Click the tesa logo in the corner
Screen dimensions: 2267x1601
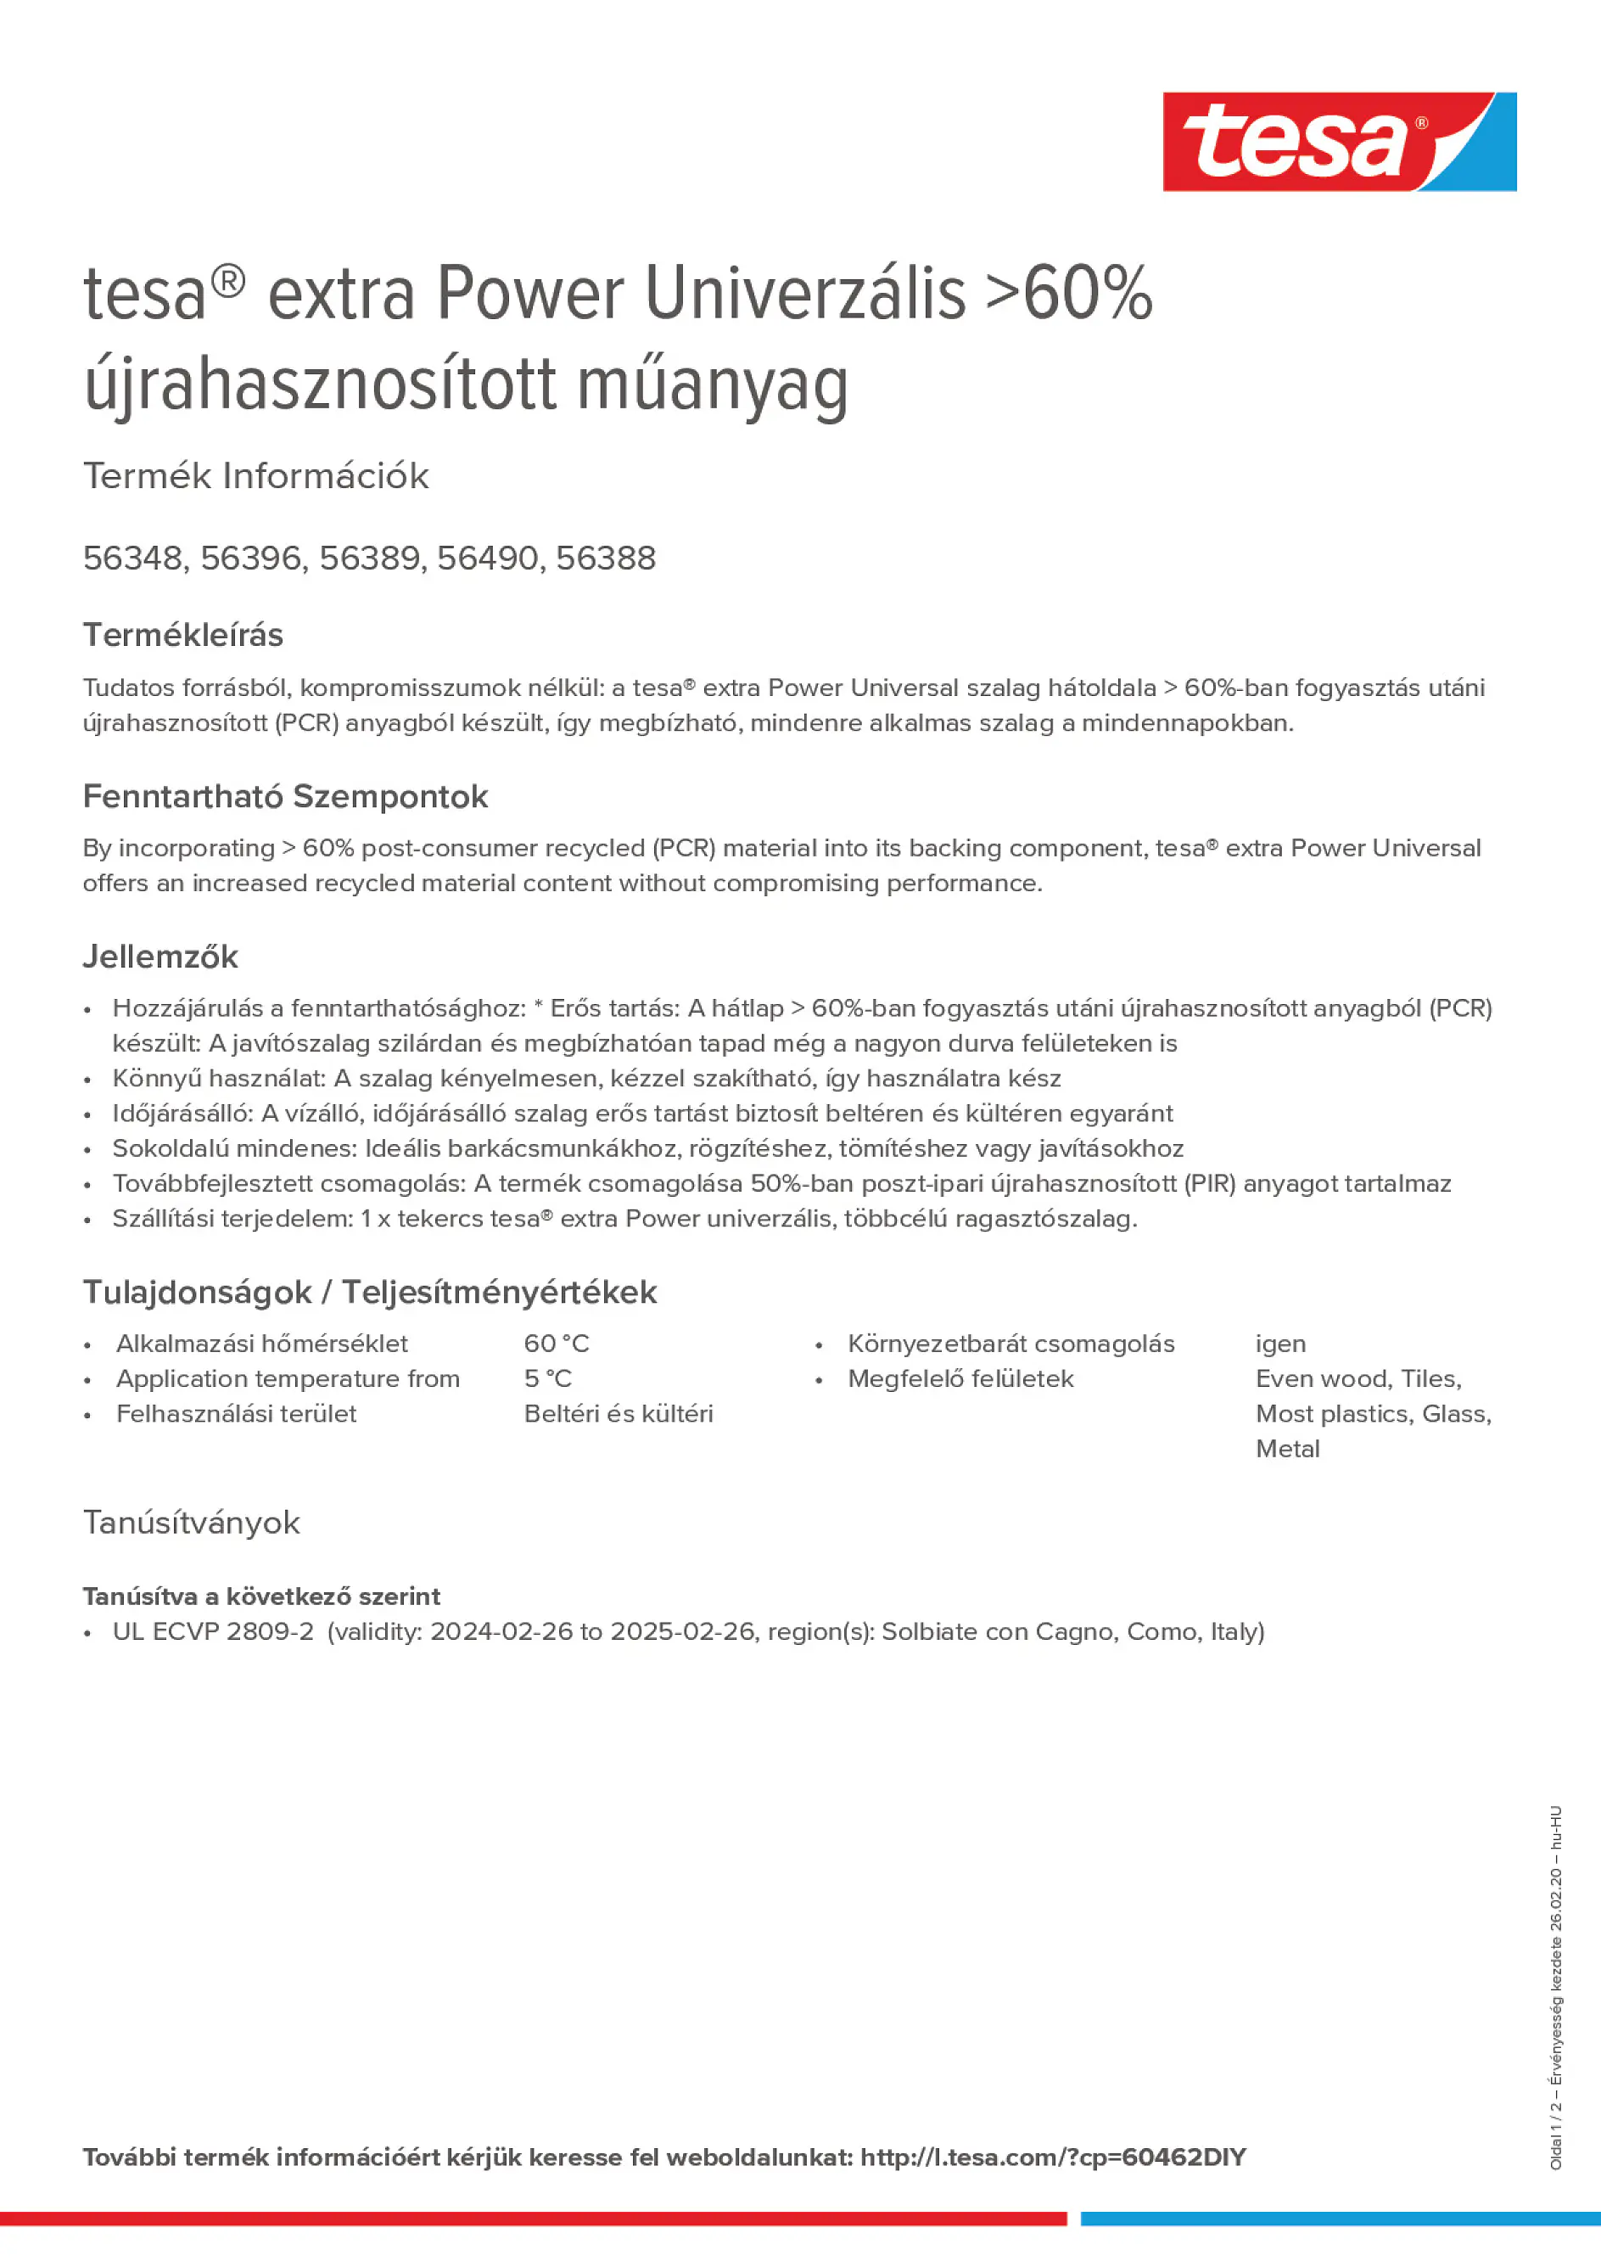coord(1339,141)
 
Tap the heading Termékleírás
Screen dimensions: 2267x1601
coord(182,635)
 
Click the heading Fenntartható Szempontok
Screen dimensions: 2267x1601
coord(285,796)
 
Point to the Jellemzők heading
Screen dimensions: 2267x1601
coord(160,956)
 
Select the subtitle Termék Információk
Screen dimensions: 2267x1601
coord(255,476)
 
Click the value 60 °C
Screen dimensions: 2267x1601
coord(556,1343)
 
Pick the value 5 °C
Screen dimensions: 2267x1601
coord(548,1378)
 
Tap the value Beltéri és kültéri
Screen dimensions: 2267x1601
coord(618,1413)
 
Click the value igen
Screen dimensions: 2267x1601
coord(1280,1343)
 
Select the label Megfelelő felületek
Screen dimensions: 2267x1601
coord(960,1378)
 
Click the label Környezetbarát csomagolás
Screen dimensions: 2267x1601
coord(1010,1343)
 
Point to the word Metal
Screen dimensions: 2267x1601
coord(1287,1449)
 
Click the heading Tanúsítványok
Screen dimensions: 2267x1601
coord(192,1523)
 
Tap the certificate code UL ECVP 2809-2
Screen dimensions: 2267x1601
coord(213,1631)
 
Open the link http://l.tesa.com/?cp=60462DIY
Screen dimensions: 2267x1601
coord(1052,2157)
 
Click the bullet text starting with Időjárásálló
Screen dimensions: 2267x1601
coord(641,1113)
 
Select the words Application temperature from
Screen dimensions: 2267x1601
coord(288,1378)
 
